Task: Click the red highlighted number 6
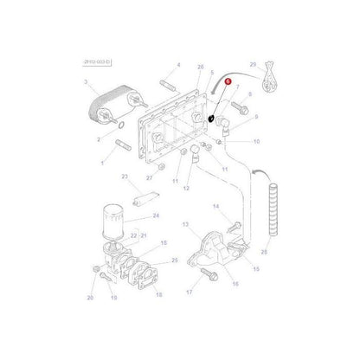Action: pyautogui.click(x=228, y=79)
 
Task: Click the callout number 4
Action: pyautogui.click(x=178, y=65)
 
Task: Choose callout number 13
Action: pyautogui.click(x=183, y=223)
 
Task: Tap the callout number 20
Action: pyautogui.click(x=90, y=297)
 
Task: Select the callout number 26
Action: pyautogui.click(x=201, y=66)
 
